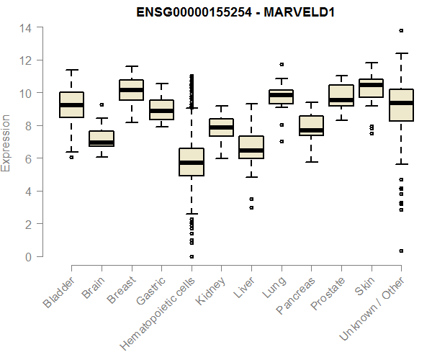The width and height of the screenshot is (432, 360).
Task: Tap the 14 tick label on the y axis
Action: click(x=26, y=28)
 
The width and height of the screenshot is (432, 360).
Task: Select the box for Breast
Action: click(x=132, y=90)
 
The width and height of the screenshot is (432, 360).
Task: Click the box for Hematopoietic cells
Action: click(x=192, y=161)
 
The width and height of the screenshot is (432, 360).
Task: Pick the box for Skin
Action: click(x=371, y=88)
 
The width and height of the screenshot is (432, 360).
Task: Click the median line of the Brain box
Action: click(x=102, y=143)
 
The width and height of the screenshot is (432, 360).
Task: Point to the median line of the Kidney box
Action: click(x=221, y=127)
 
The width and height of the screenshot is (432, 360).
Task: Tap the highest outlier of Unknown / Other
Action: click(x=401, y=30)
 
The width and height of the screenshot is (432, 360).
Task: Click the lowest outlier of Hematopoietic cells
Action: click(x=192, y=256)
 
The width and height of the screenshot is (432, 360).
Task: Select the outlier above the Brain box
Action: click(x=102, y=105)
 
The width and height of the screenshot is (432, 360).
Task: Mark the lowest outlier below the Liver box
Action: click(x=251, y=207)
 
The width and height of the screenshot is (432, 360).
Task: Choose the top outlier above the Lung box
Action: click(x=282, y=65)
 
